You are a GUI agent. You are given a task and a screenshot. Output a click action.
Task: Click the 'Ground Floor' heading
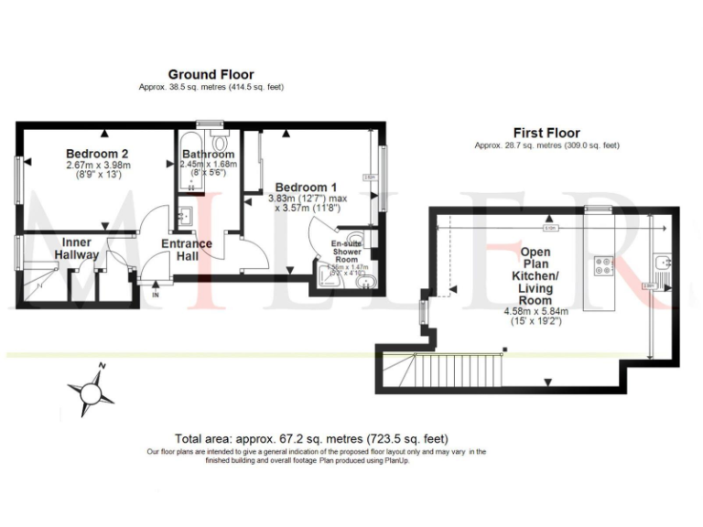pyautogui.click(x=211, y=75)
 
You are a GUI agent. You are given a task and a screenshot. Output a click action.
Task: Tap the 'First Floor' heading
pyautogui.click(x=546, y=133)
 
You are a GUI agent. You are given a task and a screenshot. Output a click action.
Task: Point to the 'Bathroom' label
pyautogui.click(x=208, y=154)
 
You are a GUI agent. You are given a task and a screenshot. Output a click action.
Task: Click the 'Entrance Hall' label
pyautogui.click(x=187, y=250)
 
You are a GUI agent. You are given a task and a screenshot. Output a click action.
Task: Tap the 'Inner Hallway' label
pyautogui.click(x=75, y=247)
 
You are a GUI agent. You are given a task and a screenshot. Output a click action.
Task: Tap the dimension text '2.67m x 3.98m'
pyautogui.click(x=98, y=166)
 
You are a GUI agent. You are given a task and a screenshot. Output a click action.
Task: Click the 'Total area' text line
pyautogui.click(x=311, y=438)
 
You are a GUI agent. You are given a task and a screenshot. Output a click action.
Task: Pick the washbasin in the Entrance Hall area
pyautogui.click(x=185, y=217)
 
